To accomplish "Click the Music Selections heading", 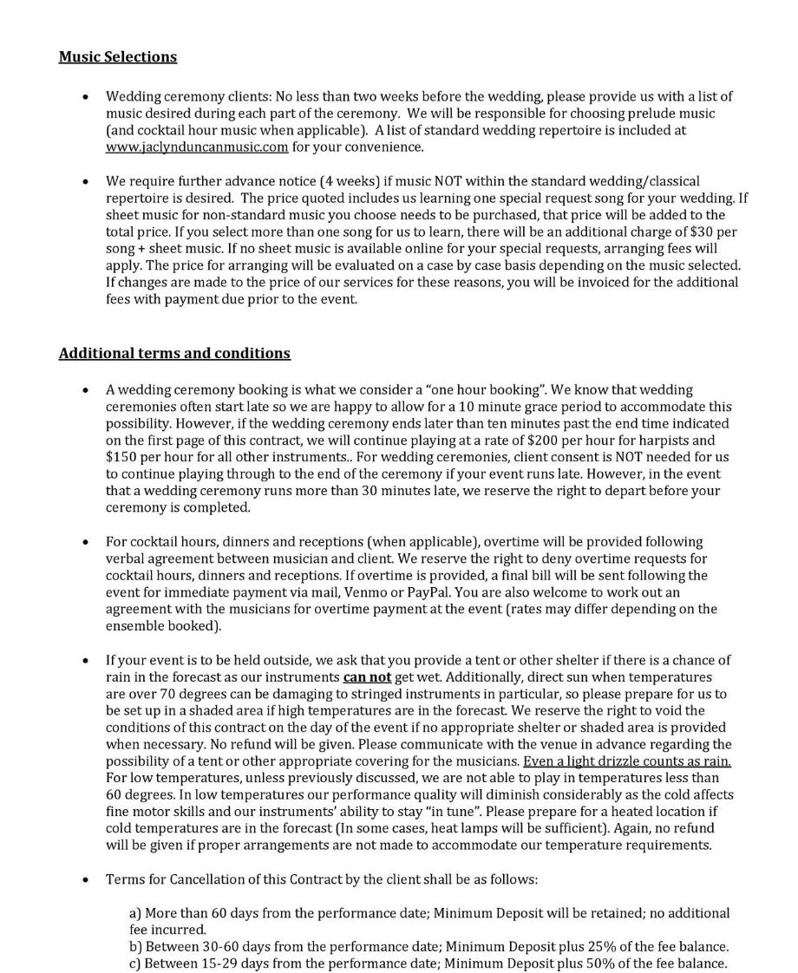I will tap(118, 57).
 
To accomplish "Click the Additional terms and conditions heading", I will tap(174, 354).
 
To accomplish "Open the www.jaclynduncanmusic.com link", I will tap(197, 147).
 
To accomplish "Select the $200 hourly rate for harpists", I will tap(544, 440).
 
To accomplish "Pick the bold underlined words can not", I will tap(367, 677).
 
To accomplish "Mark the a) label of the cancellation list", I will tap(135, 913).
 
